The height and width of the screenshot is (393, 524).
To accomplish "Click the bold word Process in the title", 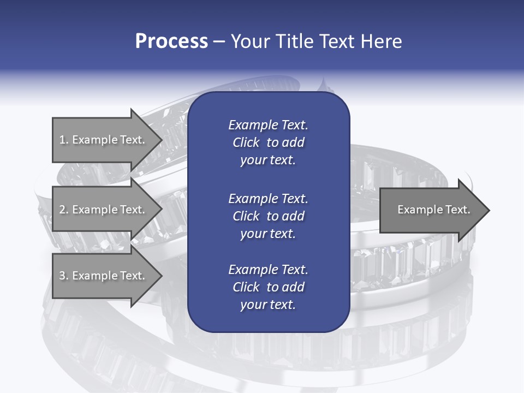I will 171,41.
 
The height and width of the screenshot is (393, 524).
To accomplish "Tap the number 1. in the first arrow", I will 64,140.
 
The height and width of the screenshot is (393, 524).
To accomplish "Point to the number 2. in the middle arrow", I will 64,210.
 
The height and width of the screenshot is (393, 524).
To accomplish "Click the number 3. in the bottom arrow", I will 64,276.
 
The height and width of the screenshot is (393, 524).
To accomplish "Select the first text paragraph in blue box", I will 268,142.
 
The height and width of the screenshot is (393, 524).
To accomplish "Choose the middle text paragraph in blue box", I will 268,216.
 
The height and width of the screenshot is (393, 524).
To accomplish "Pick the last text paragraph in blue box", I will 268,287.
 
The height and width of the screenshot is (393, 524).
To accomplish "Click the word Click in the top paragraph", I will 246,143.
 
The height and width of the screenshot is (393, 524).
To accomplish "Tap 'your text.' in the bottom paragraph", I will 268,305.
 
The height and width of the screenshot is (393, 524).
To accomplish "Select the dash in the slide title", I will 219,42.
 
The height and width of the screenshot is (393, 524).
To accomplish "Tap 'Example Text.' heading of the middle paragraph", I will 268,198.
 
